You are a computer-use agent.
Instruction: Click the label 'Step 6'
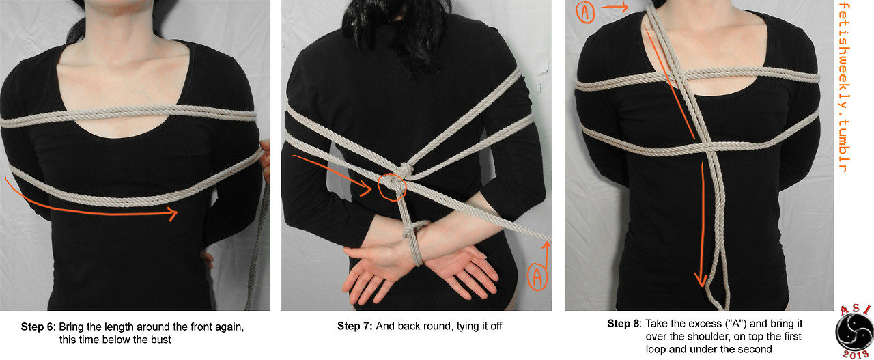pyautogui.click(x=37, y=327)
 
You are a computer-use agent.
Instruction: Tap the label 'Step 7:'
pyautogui.click(x=354, y=326)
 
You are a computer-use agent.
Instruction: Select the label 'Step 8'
pyautogui.click(x=623, y=323)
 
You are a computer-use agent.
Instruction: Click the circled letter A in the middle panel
pyautogui.click(x=537, y=277)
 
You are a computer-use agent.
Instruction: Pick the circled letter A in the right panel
pyautogui.click(x=585, y=12)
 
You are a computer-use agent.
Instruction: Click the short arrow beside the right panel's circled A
pyautogui.click(x=614, y=7)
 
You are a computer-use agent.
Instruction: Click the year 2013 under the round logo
pyautogui.click(x=854, y=355)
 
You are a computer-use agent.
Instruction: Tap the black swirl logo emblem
pyautogui.click(x=854, y=333)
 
